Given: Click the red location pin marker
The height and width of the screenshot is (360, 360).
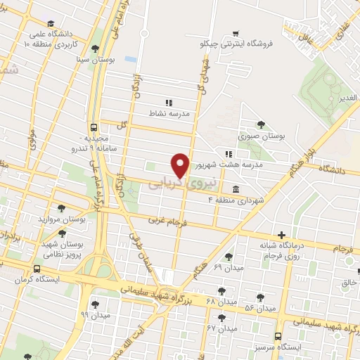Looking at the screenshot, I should coord(181,165).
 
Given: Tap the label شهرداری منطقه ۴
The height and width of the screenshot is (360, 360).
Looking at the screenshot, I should coord(236,200).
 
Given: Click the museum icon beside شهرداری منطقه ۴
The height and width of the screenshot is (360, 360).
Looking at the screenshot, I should coord(235,190).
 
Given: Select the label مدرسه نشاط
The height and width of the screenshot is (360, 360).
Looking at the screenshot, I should coord(168,112).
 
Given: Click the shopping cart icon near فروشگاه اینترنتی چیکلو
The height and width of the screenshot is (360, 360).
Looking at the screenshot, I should coord(235,32).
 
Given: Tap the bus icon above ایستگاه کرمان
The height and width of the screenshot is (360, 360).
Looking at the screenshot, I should coord(37,268).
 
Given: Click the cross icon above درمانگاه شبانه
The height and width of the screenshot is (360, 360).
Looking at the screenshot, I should coord(281,235).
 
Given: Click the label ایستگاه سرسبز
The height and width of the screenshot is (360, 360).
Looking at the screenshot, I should coord(281,348).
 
